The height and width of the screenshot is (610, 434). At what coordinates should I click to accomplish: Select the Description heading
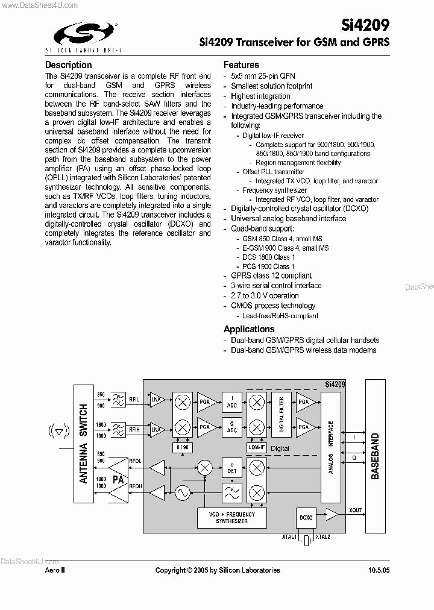click(x=69, y=65)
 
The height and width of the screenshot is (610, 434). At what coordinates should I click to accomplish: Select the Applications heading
click(x=249, y=329)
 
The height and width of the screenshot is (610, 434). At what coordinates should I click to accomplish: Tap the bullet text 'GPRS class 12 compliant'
click(x=271, y=275)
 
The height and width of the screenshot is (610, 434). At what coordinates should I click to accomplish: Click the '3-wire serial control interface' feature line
click(x=276, y=286)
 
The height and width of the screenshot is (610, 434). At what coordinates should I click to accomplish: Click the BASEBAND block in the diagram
click(x=376, y=456)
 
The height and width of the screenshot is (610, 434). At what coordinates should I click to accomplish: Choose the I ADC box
click(x=232, y=402)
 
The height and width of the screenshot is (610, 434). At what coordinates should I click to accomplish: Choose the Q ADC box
click(x=232, y=428)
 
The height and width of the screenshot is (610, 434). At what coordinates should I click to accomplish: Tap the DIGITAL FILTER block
click(x=280, y=415)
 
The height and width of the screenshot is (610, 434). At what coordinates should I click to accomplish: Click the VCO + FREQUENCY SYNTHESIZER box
click(x=232, y=518)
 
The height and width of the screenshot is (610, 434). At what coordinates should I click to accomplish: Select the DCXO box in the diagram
click(x=306, y=517)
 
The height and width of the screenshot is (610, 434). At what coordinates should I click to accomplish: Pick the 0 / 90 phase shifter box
click(x=183, y=448)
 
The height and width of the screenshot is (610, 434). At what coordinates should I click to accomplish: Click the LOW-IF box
click(x=257, y=447)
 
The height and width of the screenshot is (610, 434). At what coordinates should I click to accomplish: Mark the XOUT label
click(x=356, y=511)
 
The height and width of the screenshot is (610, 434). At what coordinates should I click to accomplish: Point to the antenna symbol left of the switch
click(x=58, y=431)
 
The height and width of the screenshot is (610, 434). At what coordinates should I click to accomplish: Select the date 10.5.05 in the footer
click(x=378, y=570)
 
